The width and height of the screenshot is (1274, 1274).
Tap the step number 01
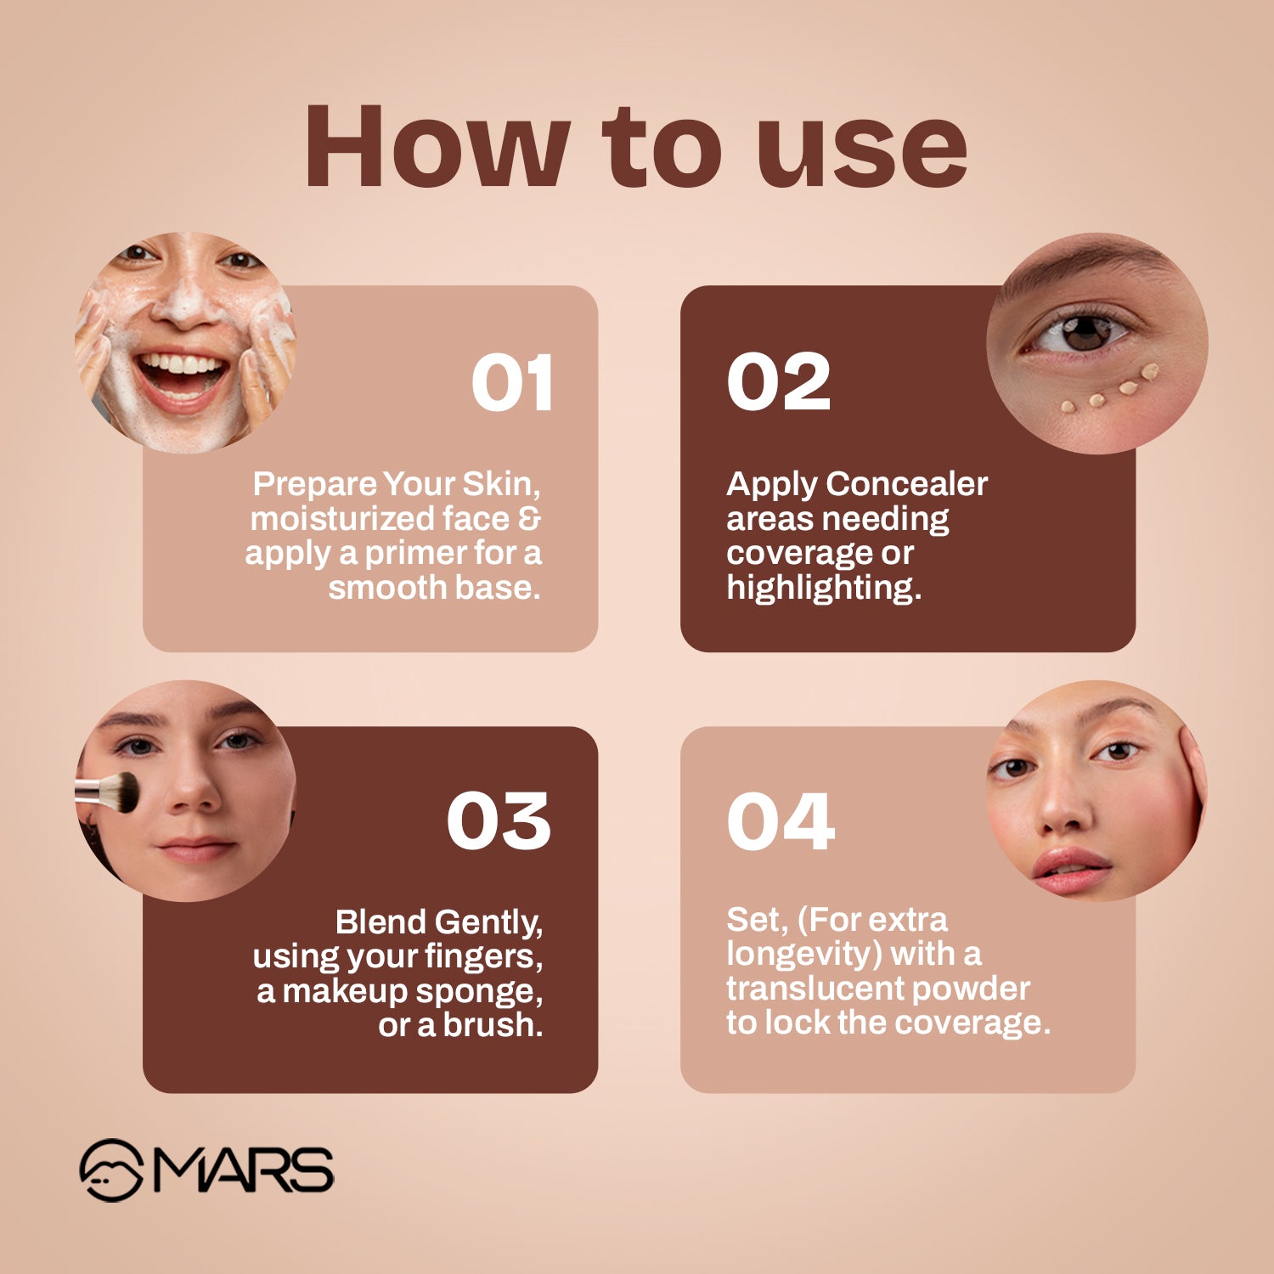coord(512,383)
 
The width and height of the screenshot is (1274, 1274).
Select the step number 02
coord(778,382)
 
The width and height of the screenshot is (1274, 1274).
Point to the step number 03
coord(499,821)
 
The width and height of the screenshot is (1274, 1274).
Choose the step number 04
coord(781,821)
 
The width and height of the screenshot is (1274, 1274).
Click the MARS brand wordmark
coord(243,1170)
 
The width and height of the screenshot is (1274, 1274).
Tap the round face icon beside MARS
coord(110,1170)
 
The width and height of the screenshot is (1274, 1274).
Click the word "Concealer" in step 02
coord(906,484)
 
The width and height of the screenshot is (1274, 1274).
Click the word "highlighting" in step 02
coord(823,588)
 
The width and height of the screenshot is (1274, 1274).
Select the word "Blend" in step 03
coord(381,922)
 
